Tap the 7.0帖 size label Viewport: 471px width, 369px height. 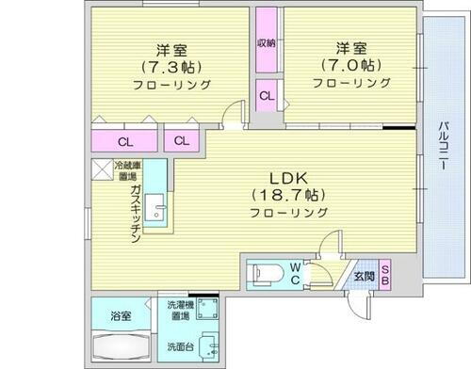(349, 66)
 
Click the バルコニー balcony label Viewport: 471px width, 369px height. (441, 146)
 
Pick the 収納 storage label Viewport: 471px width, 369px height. (267, 43)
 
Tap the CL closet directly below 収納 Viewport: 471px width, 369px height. (267, 95)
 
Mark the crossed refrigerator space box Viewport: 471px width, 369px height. (101, 170)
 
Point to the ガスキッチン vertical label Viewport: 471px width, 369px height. (137, 216)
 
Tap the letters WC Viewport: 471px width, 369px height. (295, 273)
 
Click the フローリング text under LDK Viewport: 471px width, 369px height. (289, 214)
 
